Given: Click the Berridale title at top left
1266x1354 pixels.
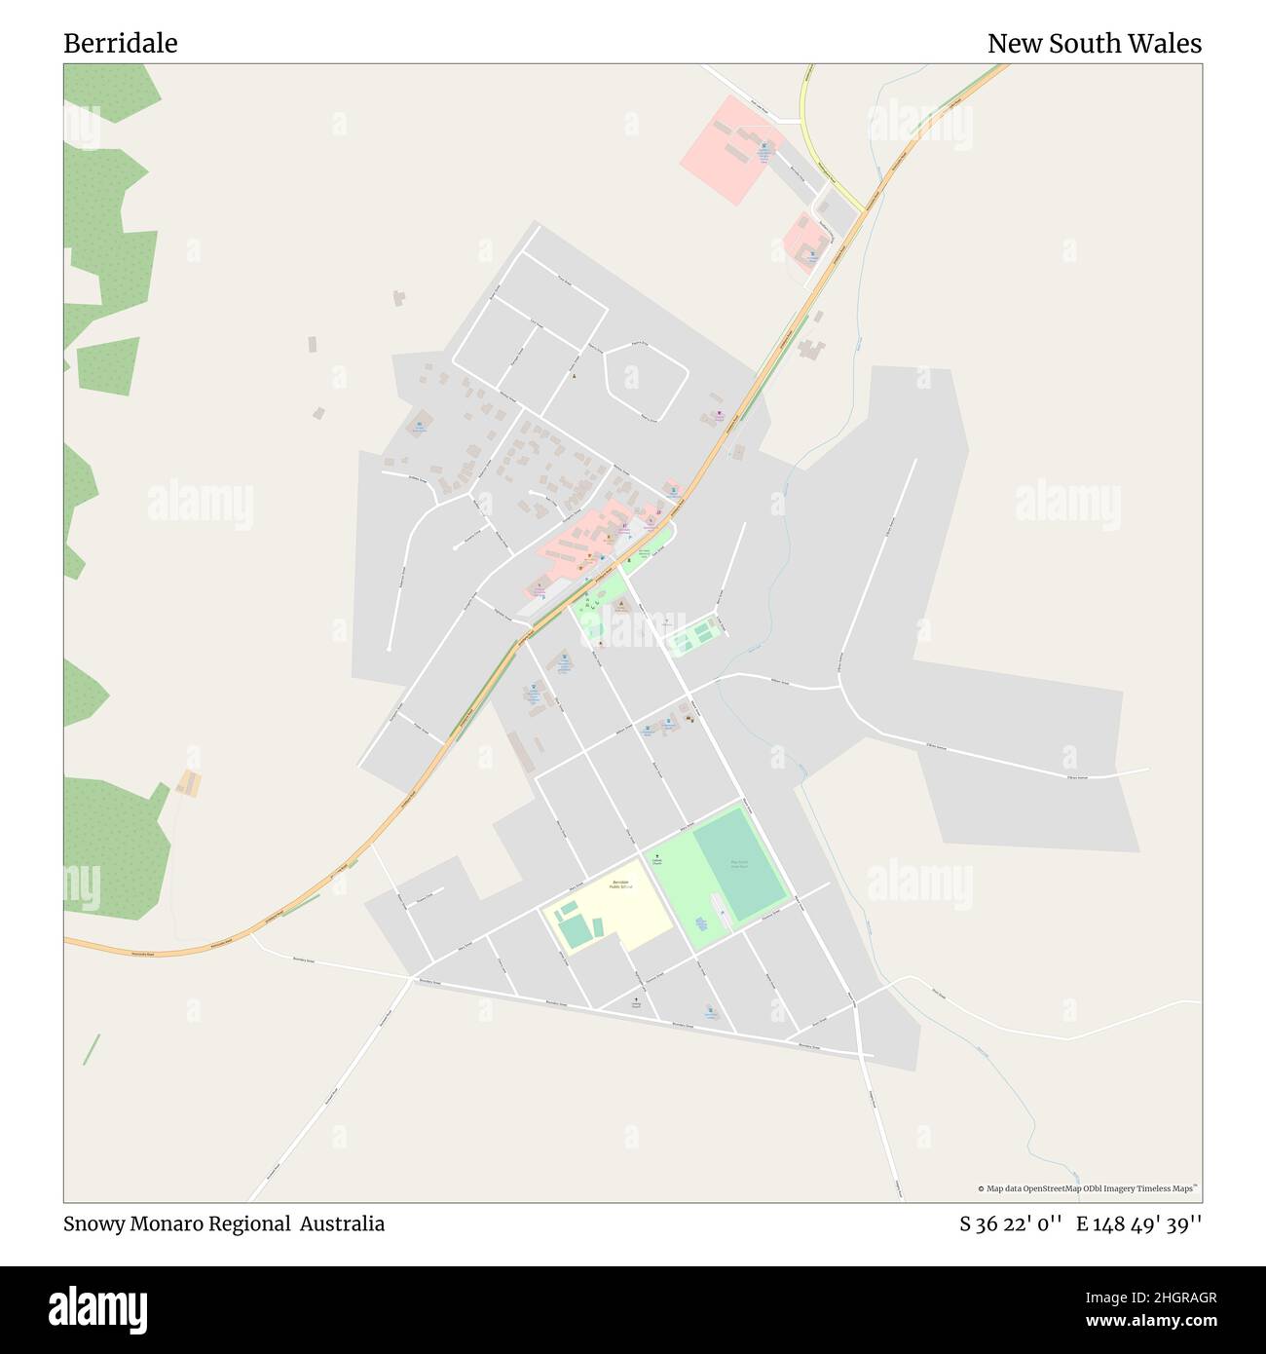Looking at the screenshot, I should tap(120, 43).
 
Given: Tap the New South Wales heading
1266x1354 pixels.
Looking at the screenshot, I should tap(1094, 43).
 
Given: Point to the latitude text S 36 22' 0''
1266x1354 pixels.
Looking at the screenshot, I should tap(1010, 1223).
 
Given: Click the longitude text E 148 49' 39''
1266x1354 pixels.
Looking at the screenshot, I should tap(1138, 1223).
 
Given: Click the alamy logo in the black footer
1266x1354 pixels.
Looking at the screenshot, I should tap(97, 1307).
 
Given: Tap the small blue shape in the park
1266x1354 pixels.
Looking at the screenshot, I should tap(701, 922).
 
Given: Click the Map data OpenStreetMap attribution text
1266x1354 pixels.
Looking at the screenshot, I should tap(1088, 1188).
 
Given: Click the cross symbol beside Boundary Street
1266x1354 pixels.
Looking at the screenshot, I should tap(637, 1000).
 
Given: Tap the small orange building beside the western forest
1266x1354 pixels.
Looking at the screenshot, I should tap(189, 782).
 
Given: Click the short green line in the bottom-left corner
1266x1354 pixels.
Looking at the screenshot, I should tap(91, 1049).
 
